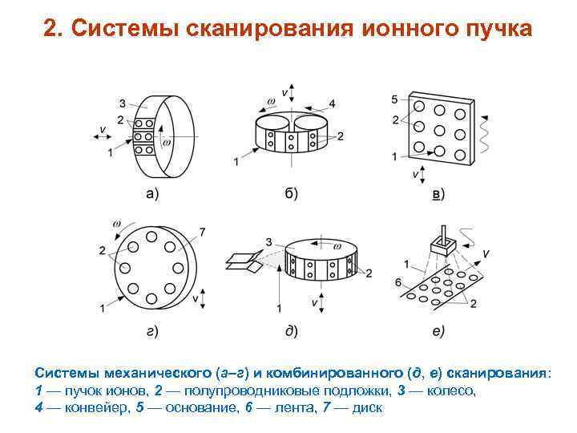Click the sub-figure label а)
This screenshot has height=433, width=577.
pos(151,193)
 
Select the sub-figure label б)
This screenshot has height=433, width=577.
pos(291,193)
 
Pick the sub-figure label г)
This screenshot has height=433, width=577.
pos(151,330)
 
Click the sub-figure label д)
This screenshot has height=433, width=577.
pos(291,330)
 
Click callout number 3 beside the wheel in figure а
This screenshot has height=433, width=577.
pos(121,103)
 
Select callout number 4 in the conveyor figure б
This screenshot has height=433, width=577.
pos(332,103)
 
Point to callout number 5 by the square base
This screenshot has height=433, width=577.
pos(394,99)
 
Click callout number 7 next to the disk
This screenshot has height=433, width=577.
pos(202,232)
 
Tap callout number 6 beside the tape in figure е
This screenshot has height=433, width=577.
pos(397,281)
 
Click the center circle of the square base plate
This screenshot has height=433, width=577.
pos(439,130)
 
